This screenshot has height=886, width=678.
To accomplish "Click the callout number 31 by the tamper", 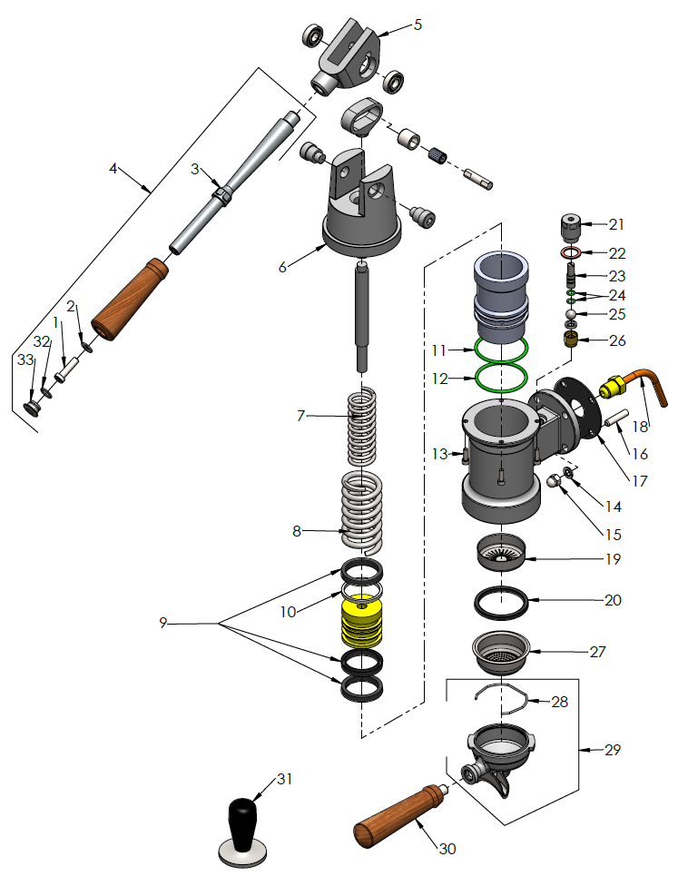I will [284, 779].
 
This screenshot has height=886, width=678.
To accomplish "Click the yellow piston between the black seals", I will [361, 623].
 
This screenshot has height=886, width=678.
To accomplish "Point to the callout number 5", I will [418, 25].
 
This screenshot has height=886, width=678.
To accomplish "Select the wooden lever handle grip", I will [132, 300].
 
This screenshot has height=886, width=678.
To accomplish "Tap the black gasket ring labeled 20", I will [503, 600].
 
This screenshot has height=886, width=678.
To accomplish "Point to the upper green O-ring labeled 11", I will [502, 348].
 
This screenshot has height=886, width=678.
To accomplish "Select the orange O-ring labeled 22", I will [571, 252].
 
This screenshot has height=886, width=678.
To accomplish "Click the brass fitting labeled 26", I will [572, 340].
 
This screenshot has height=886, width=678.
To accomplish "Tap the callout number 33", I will [25, 360].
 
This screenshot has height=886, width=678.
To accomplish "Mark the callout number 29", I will [613, 750].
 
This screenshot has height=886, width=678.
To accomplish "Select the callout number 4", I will [113, 168].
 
